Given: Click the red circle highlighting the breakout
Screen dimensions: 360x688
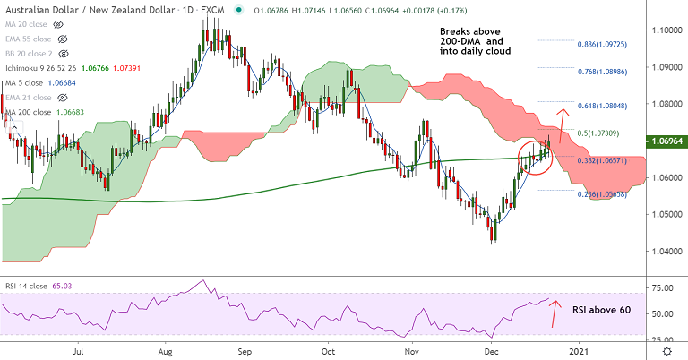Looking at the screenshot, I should pos(535,157).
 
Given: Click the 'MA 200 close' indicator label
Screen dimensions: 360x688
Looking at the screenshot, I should pos(30,111).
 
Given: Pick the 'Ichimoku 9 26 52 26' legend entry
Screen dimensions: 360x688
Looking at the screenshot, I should pos(47,68).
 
